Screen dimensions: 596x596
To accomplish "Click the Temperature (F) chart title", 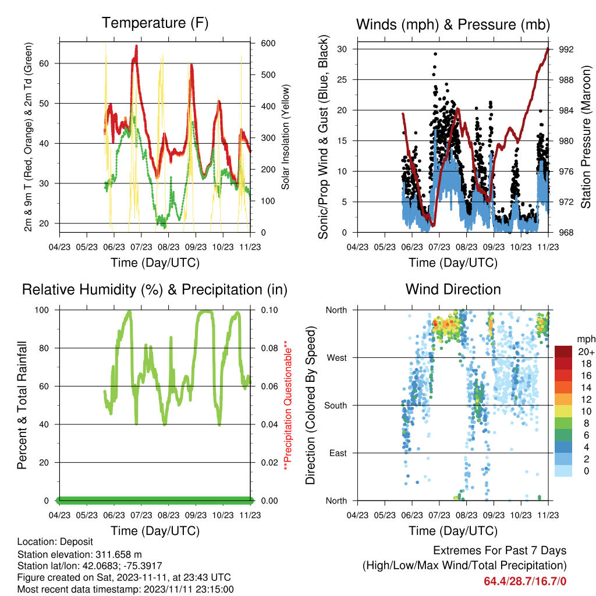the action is pos(155,23).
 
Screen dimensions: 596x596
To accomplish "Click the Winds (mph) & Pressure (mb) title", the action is pos(453,24).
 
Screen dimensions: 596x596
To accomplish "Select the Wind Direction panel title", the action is pos(453,289).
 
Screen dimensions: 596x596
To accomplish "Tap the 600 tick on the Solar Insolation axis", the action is pos(268,43).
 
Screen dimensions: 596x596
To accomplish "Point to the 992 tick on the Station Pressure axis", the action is pos(566,49).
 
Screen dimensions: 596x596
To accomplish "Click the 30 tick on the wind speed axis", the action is pos(342,49).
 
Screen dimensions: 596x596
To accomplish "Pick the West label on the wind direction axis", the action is pos(337,358).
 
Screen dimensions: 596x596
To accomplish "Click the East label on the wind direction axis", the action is pos(338,453).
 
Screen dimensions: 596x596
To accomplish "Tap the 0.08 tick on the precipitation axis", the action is pos(269,348).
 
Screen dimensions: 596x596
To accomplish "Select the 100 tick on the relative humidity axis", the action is pos(42,310).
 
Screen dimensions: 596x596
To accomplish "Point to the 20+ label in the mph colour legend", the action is pos(586,352).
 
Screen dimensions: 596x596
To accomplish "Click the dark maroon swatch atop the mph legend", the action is pos(563,352).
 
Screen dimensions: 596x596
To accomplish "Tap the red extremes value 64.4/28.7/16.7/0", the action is pos(525,581).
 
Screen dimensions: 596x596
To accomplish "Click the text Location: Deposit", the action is pos(55,542).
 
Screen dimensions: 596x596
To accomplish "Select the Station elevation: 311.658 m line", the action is pos(79,554).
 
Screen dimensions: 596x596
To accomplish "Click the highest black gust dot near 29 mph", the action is pos(435,54).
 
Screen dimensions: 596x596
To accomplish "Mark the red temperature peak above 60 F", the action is pos(136,47).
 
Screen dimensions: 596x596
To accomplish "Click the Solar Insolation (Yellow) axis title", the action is pos(285,137).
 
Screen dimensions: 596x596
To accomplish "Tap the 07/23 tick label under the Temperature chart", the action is pos(141,247).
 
